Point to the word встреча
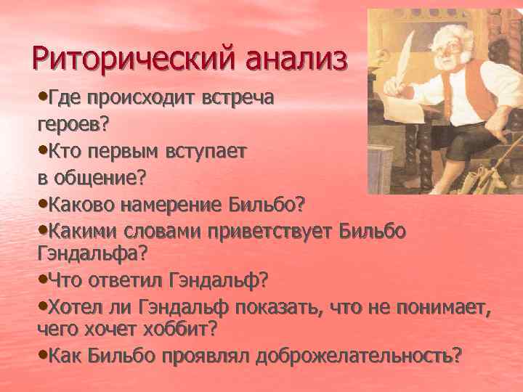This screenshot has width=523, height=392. point(238,99)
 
